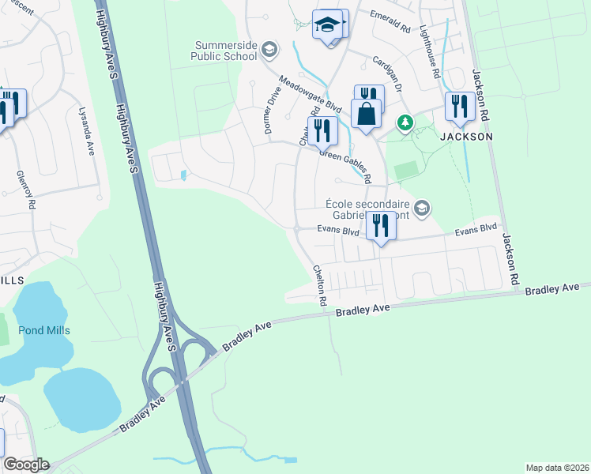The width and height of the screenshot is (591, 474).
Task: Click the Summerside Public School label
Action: point(224,51)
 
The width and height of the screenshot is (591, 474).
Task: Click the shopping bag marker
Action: point(367,115)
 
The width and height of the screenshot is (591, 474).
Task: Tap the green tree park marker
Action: point(405,122)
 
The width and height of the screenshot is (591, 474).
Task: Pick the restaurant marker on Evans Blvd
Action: point(381,228)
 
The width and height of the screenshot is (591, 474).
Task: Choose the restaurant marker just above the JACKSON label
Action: point(459,108)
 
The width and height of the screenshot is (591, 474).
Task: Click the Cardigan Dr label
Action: point(388,74)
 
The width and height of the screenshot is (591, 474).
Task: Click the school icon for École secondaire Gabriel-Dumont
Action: point(421,208)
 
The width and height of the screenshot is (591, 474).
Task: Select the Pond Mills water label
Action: point(44,330)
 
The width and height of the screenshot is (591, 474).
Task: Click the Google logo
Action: point(25,465)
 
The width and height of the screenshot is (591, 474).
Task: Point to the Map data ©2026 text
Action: point(557,468)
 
